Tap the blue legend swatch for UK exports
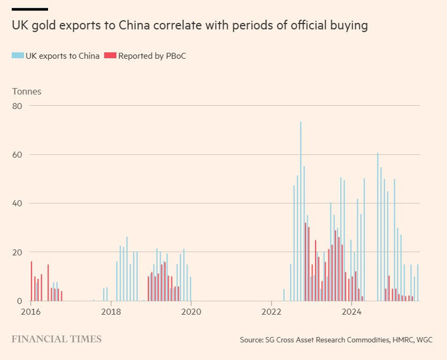(17, 55)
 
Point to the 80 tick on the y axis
(19, 106)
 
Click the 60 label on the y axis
(19, 154)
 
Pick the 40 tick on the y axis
(19, 203)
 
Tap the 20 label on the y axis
(19, 252)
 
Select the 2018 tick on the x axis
(112, 311)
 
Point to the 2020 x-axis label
(191, 311)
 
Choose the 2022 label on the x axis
(271, 311)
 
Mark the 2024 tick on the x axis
(351, 311)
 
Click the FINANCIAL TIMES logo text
(56, 339)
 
